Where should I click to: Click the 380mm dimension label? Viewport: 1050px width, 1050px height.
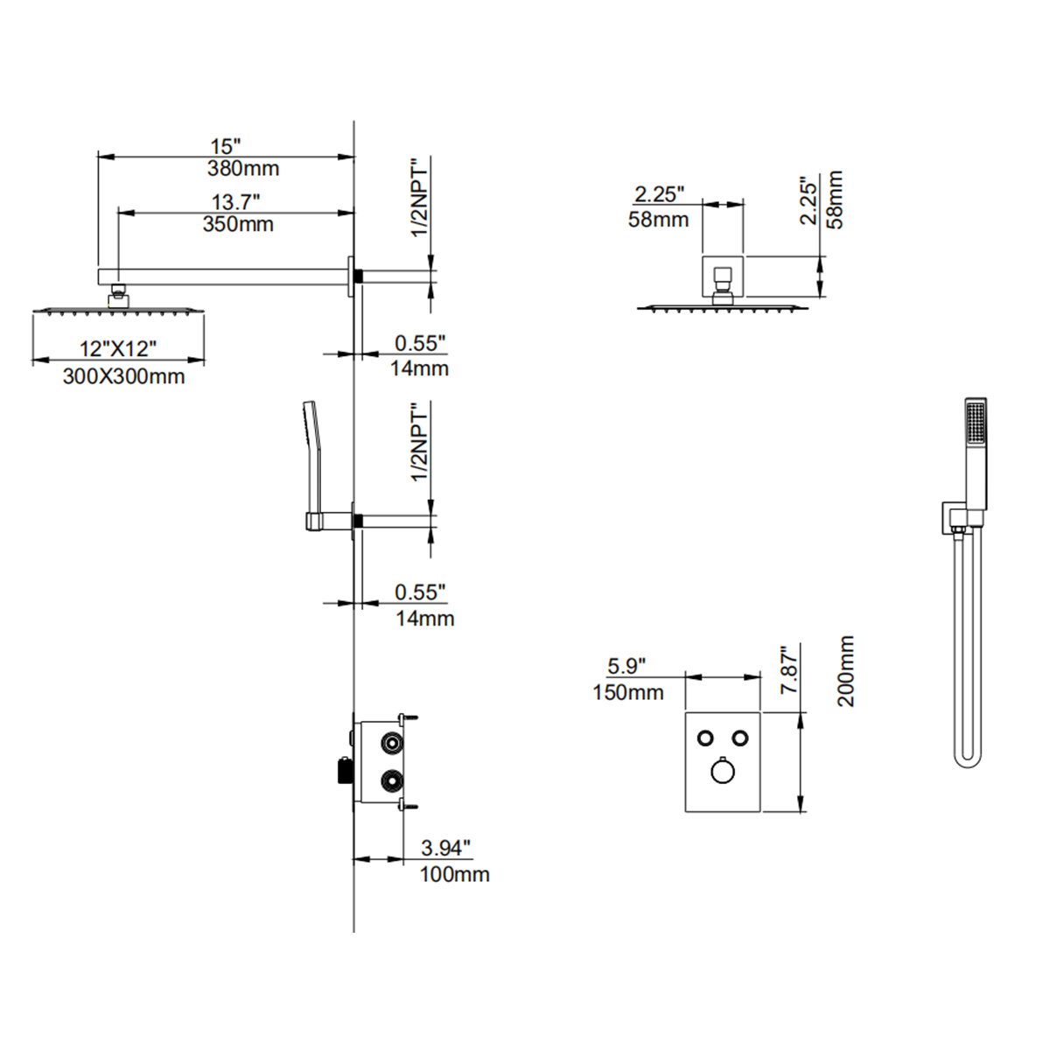243,168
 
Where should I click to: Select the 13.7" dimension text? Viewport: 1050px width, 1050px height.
235,202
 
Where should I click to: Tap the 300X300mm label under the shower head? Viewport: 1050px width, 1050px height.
123,376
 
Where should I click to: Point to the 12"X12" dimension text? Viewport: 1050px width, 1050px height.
118,348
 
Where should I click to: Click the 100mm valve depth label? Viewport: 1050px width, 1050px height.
454,873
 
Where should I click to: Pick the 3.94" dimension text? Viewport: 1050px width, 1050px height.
446,847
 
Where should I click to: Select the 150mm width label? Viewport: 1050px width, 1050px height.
627,692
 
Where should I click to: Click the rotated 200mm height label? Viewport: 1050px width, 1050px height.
845,671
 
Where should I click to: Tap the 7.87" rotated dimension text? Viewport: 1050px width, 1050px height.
791,671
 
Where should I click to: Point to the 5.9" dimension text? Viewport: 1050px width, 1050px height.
626,666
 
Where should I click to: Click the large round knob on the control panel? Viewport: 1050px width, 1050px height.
723,770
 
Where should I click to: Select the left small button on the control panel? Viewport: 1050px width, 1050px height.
704,737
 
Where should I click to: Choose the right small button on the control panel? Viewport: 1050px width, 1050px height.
741,737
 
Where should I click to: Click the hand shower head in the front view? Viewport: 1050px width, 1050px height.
976,429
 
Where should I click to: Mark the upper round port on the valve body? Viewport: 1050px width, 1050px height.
389,744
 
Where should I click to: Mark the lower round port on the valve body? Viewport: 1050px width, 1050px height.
389,778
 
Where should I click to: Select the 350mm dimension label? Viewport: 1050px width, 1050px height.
238,224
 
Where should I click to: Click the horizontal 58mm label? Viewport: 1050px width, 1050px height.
658,220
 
